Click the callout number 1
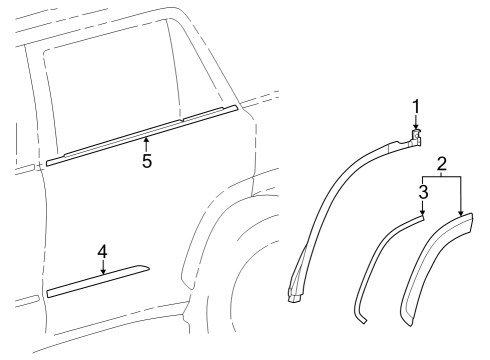(417, 106)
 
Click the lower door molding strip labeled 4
(98, 282)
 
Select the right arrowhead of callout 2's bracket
(460, 215)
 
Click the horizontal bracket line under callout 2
(441, 176)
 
